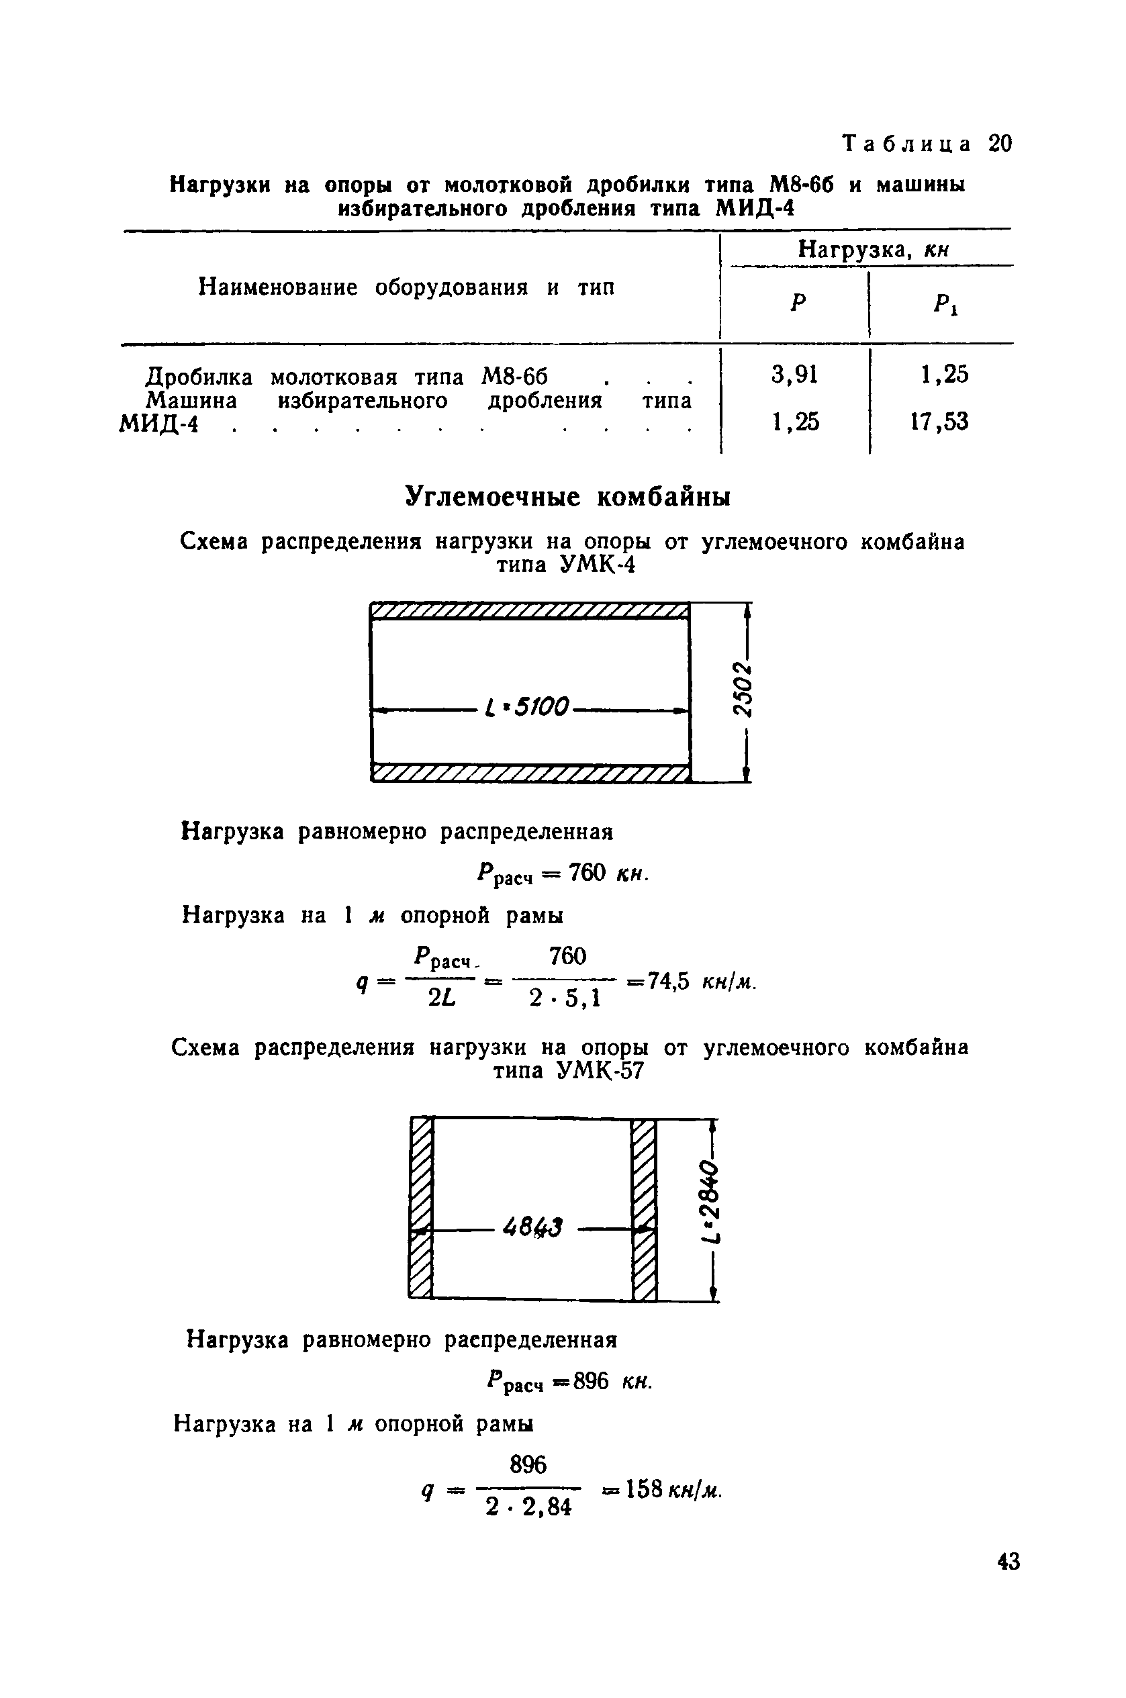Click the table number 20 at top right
1000,144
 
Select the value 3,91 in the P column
794,374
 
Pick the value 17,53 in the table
939,422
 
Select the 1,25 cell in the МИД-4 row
795,422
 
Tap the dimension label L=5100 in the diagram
528,707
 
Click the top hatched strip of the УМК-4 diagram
530,611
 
